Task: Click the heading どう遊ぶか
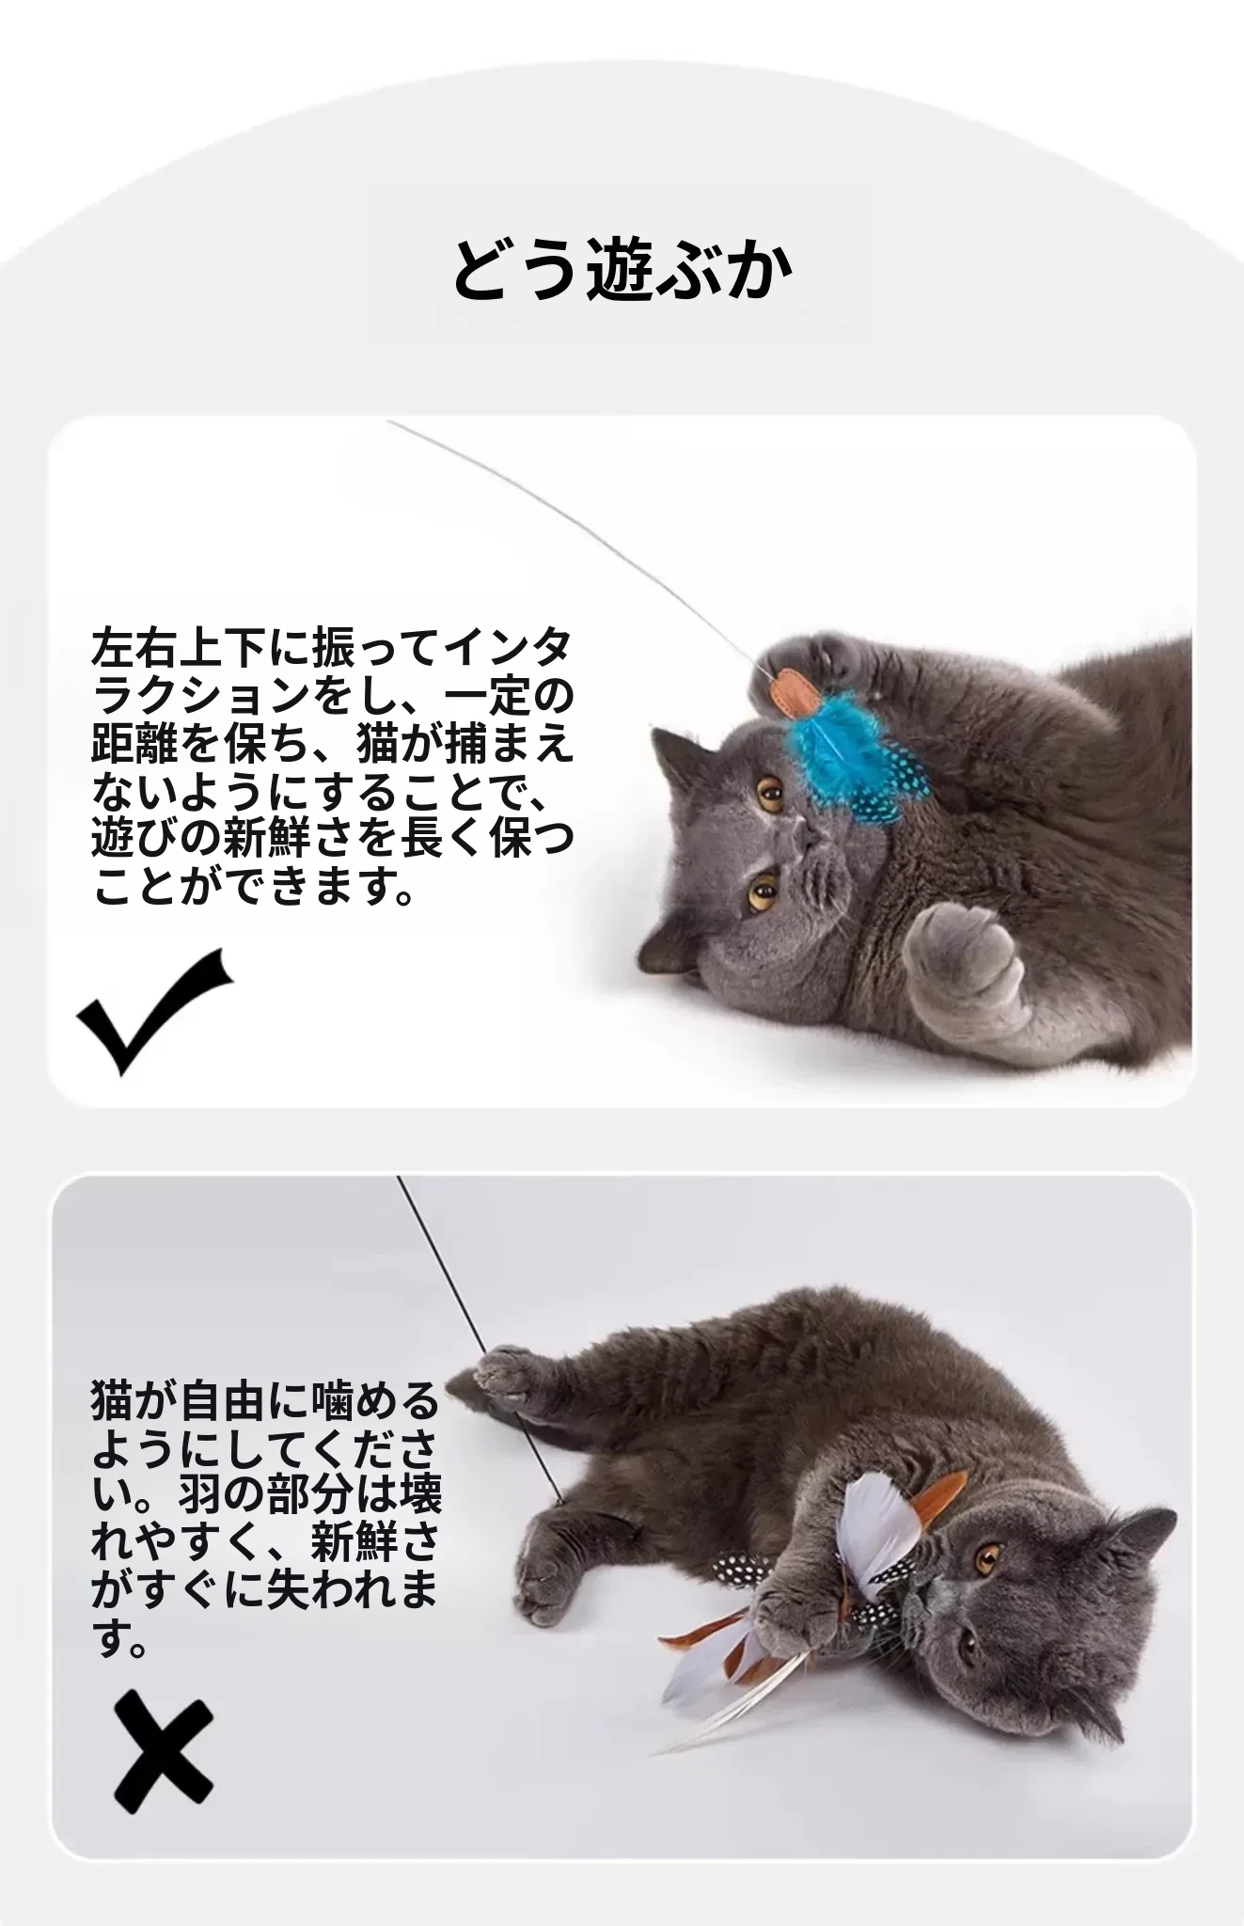(622, 271)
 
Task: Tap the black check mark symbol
(154, 1011)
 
